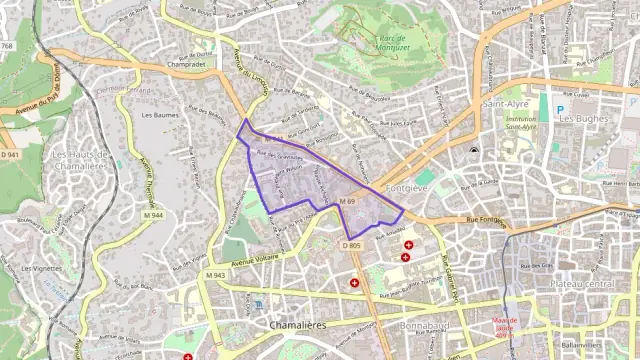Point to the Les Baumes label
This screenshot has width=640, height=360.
160,115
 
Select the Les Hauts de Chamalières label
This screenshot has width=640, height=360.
78,160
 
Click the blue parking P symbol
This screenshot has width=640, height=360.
560,109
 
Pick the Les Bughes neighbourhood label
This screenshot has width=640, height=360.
585,118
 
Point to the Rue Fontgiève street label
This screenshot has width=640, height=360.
489,219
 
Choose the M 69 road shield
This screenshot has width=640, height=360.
347,202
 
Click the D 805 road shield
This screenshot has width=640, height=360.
351,245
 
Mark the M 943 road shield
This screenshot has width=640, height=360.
215,275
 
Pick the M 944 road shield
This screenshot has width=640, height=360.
153,215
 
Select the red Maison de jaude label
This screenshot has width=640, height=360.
503,323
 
